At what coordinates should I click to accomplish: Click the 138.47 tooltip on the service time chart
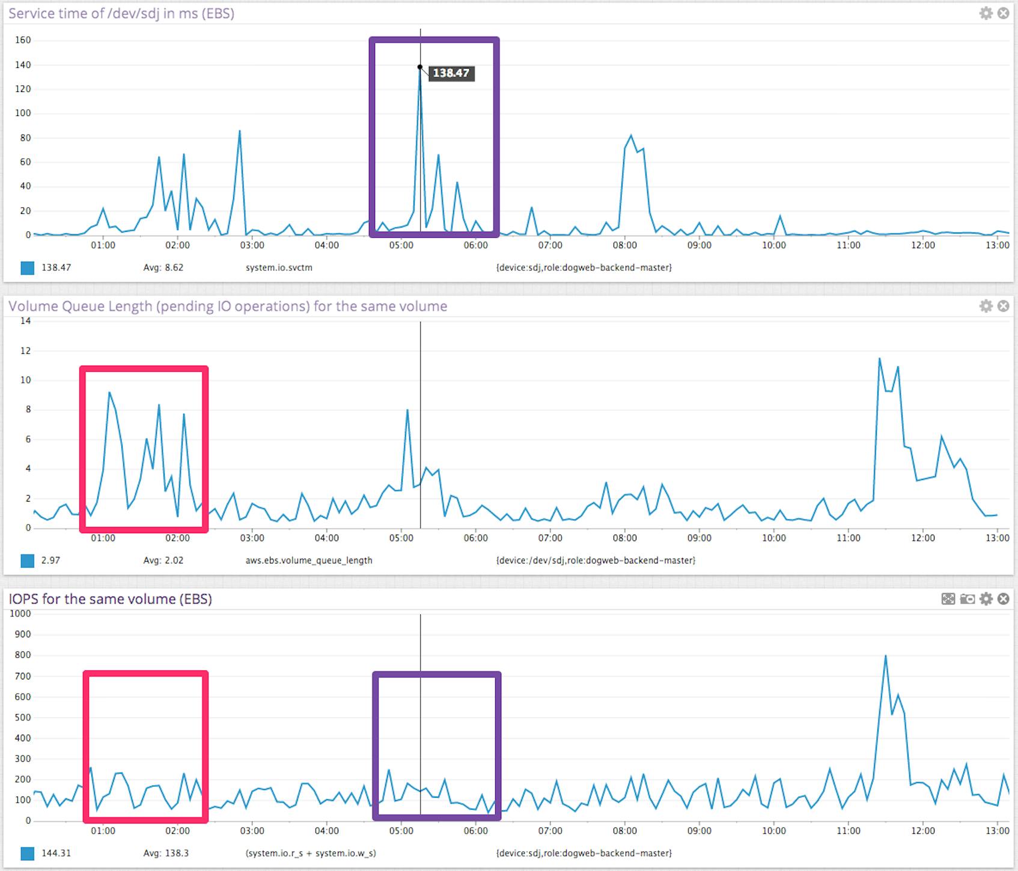pyautogui.click(x=451, y=73)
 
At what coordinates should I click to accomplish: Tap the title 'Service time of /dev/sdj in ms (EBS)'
pyautogui.click(x=121, y=13)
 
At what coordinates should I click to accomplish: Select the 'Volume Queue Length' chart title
pyautogui.click(x=228, y=306)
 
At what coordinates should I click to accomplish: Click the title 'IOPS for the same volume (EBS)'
pyautogui.click(x=110, y=599)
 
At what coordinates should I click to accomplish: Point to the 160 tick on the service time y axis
pyautogui.click(x=23, y=40)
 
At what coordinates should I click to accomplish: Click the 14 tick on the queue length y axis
pyautogui.click(x=25, y=321)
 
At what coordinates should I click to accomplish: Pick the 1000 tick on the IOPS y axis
pyautogui.click(x=20, y=613)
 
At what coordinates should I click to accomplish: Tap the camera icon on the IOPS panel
pyautogui.click(x=967, y=599)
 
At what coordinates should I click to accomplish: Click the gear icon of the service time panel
pyautogui.click(x=986, y=13)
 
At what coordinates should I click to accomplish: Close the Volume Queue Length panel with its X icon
pyautogui.click(x=1003, y=306)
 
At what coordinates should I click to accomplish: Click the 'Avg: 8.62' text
pyautogui.click(x=163, y=267)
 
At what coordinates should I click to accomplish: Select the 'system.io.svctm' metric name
pyautogui.click(x=279, y=267)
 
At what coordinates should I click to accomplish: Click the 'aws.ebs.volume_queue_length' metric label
pyautogui.click(x=309, y=560)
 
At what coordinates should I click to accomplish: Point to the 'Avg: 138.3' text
pyautogui.click(x=166, y=853)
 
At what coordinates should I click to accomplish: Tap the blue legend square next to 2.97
pyautogui.click(x=28, y=560)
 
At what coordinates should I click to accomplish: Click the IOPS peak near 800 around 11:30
pyautogui.click(x=885, y=656)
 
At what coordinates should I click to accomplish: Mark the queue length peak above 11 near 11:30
pyautogui.click(x=879, y=359)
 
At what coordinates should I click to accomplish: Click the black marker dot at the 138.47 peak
pyautogui.click(x=420, y=67)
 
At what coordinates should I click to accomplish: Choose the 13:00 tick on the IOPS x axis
pyautogui.click(x=997, y=831)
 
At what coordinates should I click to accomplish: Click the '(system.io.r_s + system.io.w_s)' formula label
pyautogui.click(x=311, y=853)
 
